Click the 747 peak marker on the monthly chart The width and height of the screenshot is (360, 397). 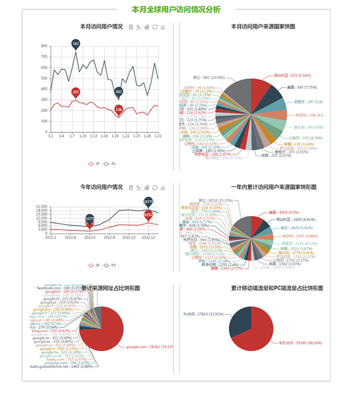click(x=76, y=44)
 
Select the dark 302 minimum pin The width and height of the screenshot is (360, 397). click(x=119, y=92)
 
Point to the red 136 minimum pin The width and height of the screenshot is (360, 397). click(x=119, y=109)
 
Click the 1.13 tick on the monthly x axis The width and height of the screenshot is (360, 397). click(x=94, y=136)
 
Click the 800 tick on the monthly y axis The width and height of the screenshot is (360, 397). click(x=44, y=46)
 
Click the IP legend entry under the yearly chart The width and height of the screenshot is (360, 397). click(x=93, y=265)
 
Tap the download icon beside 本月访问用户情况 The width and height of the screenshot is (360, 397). click(x=163, y=27)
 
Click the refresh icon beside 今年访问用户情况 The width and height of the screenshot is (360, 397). click(x=155, y=187)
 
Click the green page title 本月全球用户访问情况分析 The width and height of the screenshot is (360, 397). click(x=176, y=9)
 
